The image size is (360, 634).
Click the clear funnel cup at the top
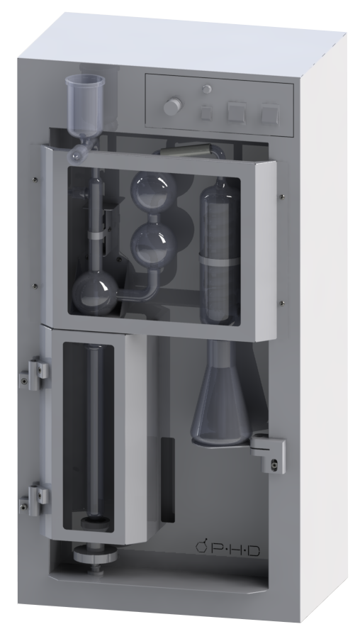[85, 103]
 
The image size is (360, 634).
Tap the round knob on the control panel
[173, 106]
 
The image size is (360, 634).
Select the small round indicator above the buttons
[207, 89]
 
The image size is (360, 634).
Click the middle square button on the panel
[237, 112]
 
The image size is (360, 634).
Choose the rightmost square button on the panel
[270, 113]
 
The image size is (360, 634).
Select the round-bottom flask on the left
[95, 293]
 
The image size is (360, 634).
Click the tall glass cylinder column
[220, 250]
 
